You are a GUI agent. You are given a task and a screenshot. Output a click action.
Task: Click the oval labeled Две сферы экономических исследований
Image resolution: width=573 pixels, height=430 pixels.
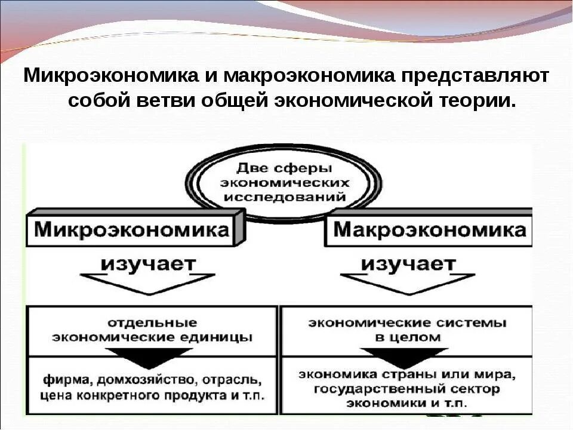[x=283, y=181]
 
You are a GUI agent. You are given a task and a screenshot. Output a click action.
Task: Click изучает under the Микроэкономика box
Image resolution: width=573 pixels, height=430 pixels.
[x=147, y=263]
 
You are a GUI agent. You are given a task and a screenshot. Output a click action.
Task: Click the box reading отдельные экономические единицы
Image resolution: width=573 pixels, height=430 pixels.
[x=152, y=330]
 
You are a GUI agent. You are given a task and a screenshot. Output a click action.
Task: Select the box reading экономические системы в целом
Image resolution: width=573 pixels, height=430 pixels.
[x=407, y=330]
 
